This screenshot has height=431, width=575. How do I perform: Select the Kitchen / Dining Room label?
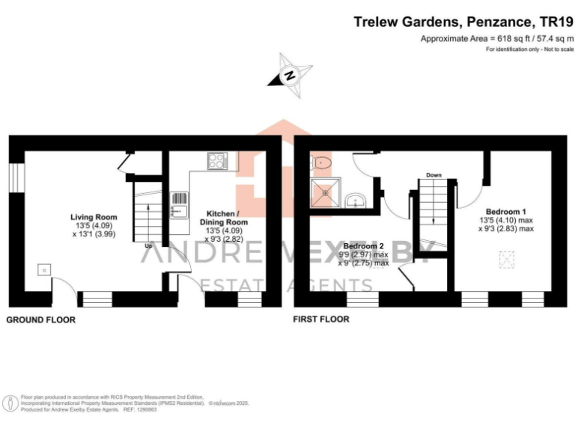222,218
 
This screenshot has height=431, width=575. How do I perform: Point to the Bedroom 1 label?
506,211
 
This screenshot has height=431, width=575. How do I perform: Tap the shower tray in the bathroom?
326,192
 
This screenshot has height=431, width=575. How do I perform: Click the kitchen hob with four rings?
218,161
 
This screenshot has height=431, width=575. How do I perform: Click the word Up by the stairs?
148,245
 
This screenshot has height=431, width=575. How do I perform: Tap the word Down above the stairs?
433,175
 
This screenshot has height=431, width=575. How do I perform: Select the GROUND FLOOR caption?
41,320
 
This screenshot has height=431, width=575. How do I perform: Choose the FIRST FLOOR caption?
322,320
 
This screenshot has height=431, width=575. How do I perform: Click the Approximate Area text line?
496,38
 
